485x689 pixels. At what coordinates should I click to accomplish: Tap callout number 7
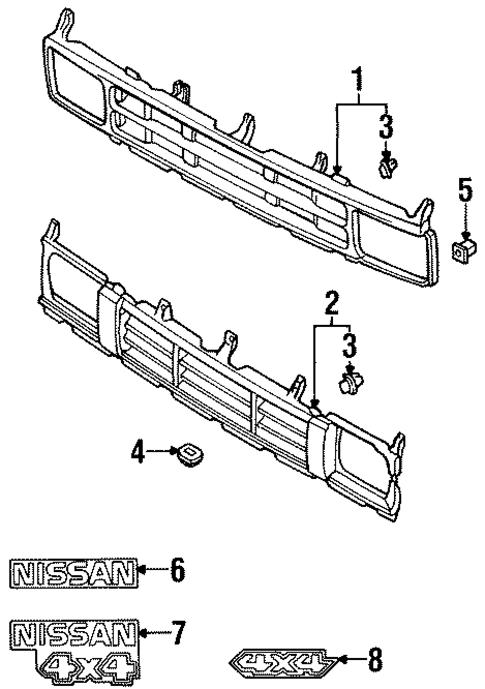click(177, 632)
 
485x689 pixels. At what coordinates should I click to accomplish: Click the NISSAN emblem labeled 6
click(72, 572)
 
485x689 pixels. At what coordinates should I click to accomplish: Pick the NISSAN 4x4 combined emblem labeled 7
click(74, 644)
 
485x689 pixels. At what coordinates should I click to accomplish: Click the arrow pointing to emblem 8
click(347, 660)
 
